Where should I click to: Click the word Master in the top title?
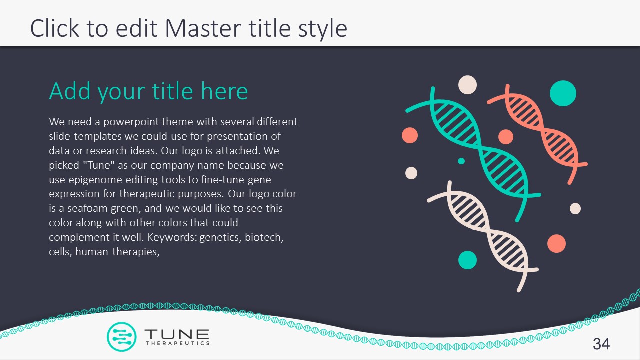tap(203, 28)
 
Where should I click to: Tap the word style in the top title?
tap(323, 29)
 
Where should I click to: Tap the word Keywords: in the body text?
tap(172, 237)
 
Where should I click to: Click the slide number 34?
tap(601, 344)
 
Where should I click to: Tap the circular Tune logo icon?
tap(121, 337)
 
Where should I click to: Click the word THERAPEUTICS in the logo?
tap(177, 343)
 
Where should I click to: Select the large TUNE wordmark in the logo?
tap(177, 334)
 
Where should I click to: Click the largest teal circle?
tap(563, 93)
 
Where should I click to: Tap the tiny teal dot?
tap(461, 161)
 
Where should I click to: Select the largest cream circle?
tap(467, 85)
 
